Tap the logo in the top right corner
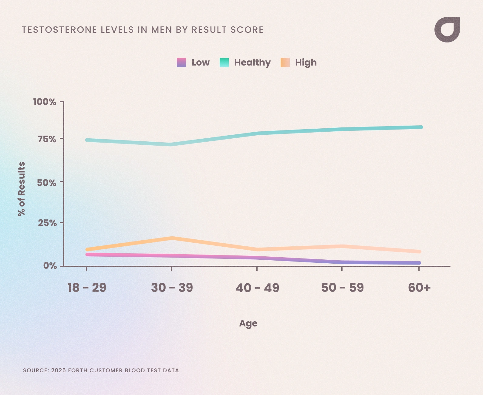pyautogui.click(x=447, y=30)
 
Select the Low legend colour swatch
pyautogui.click(x=181, y=62)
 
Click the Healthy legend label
pyautogui.click(x=252, y=62)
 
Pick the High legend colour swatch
pyautogui.click(x=285, y=62)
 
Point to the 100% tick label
pyautogui.click(x=45, y=102)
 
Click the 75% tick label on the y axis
pyautogui.click(x=47, y=139)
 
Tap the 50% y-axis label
pyautogui.click(x=47, y=183)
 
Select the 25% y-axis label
pyautogui.click(x=47, y=223)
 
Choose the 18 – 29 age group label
pyautogui.click(x=87, y=288)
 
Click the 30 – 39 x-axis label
pyautogui.click(x=172, y=288)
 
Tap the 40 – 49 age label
pyautogui.click(x=257, y=288)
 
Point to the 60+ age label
pyautogui.click(x=419, y=288)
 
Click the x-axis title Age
pyautogui.click(x=248, y=323)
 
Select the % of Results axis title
pyautogui.click(x=22, y=189)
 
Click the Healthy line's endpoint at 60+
pyautogui.click(x=421, y=127)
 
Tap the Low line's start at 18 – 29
pyautogui.click(x=87, y=255)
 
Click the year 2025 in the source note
pyautogui.click(x=58, y=370)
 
